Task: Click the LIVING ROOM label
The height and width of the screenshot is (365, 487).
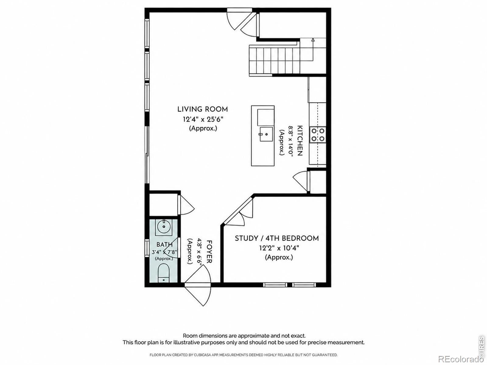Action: [x=203, y=109]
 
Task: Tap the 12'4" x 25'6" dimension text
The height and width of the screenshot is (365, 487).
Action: [x=203, y=119]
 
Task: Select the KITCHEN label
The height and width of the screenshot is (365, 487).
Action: [x=300, y=141]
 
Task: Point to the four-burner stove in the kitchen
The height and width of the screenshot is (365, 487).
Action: [x=318, y=135]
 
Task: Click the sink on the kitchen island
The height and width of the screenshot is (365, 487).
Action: [x=266, y=134]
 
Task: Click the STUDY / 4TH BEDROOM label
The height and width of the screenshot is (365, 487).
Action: [x=277, y=238]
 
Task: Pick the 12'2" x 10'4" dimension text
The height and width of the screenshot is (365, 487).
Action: [x=279, y=248]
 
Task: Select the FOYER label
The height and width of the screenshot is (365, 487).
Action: [x=209, y=252]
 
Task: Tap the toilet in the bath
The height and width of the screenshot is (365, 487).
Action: [x=163, y=273]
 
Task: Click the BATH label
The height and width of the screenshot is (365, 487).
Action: [x=164, y=245]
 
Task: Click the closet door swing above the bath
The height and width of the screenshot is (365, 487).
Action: [x=186, y=205]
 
